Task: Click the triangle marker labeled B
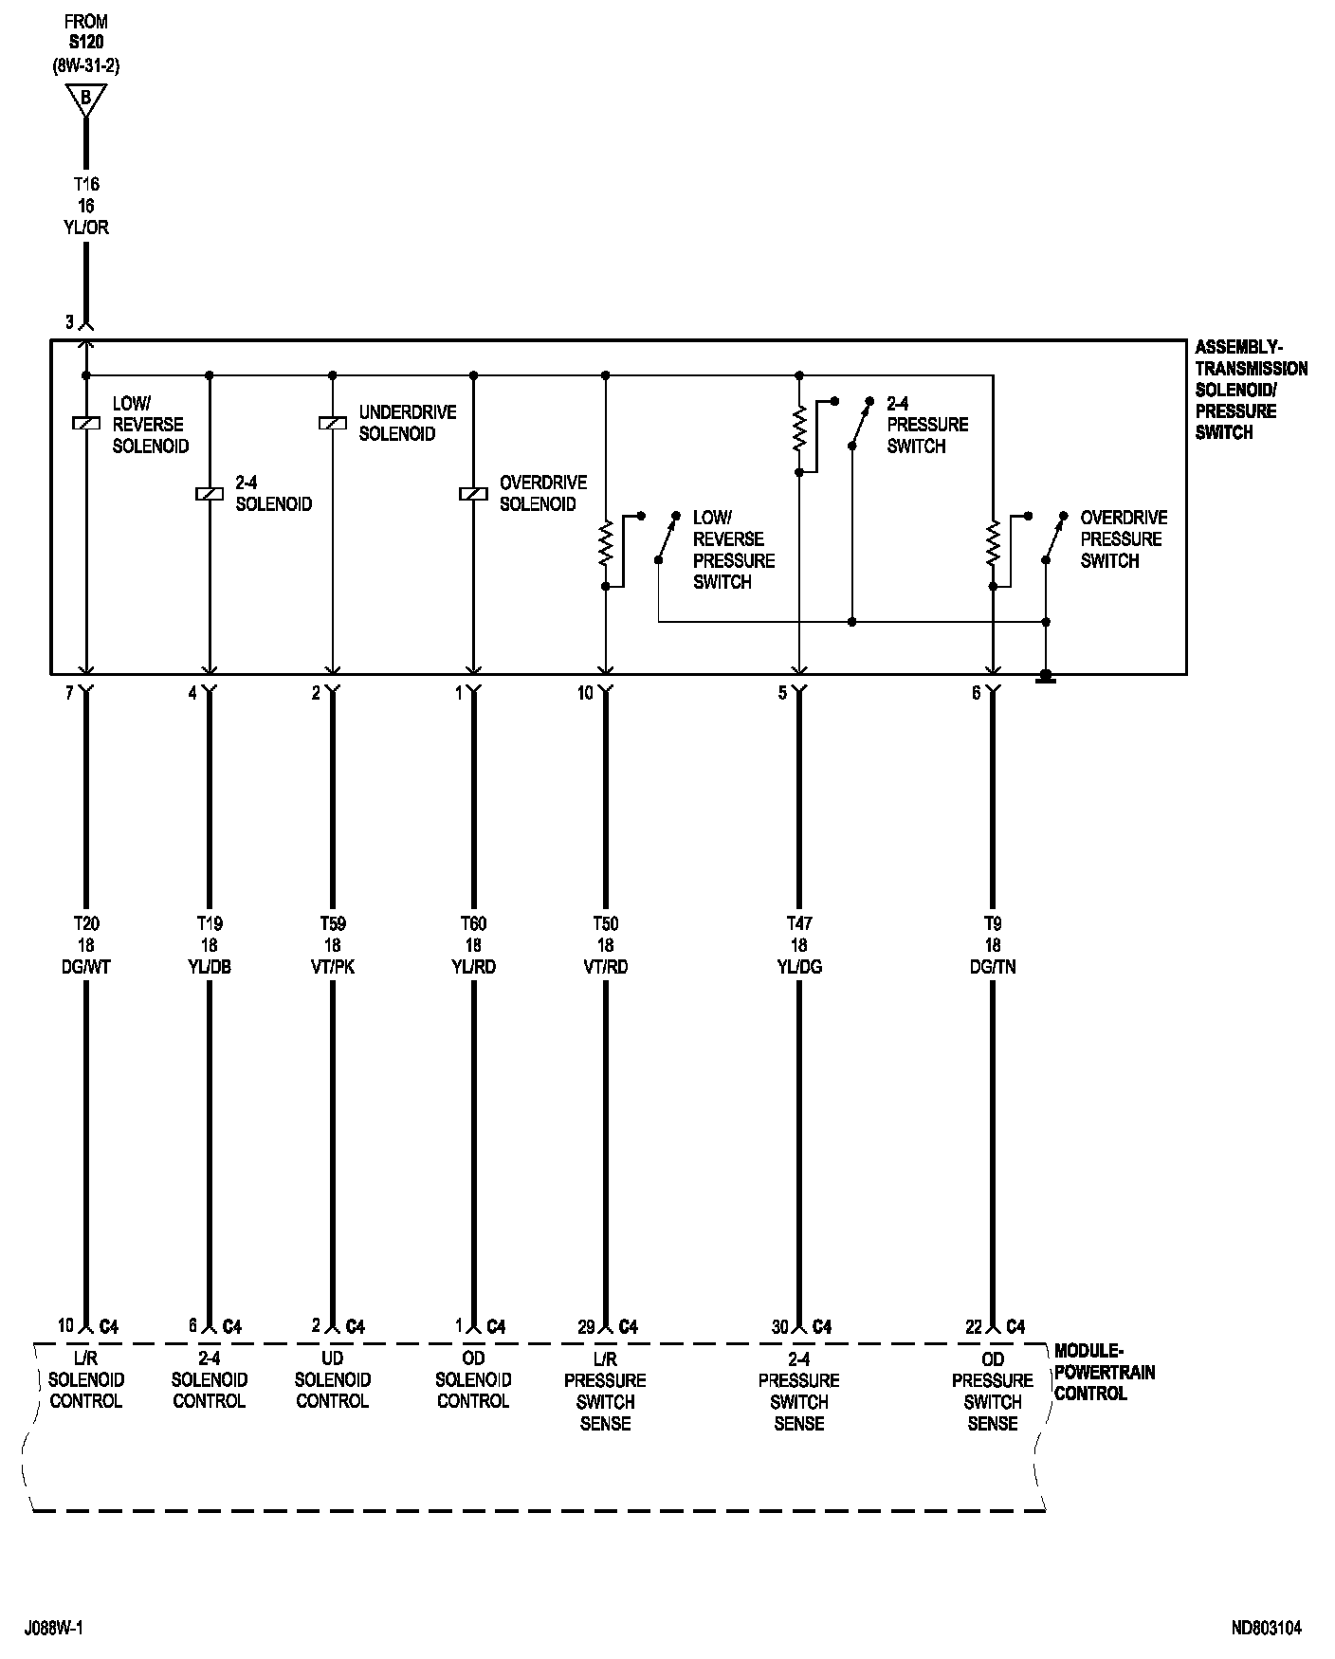tap(86, 98)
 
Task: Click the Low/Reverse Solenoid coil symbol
tap(86, 424)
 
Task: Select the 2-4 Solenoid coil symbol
tap(210, 493)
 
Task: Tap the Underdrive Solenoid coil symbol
tap(333, 424)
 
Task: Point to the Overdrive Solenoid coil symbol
tap(473, 493)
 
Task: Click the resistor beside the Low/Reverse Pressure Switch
tap(606, 545)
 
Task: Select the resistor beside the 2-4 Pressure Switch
tap(799, 428)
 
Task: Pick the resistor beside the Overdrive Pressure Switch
tap(993, 545)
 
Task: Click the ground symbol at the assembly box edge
tap(1046, 677)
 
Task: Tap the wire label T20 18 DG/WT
tap(86, 945)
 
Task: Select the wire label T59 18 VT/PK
tap(333, 945)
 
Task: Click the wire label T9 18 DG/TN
tap(993, 945)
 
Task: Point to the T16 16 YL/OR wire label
tap(86, 206)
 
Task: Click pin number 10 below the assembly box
tap(585, 693)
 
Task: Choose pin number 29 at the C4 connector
tap(586, 1326)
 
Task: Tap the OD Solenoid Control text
tap(473, 1380)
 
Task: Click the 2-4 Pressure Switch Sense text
tap(799, 1391)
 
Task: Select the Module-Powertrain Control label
tap(1105, 1372)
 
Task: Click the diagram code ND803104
tap(1266, 1629)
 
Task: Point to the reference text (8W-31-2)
tap(86, 65)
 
